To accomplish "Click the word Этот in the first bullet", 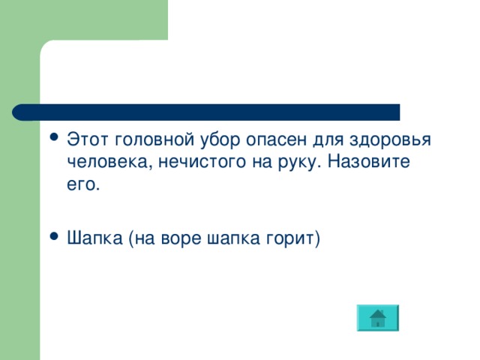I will point(87,139).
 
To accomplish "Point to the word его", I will point(82,184).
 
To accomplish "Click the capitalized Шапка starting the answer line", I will point(94,238).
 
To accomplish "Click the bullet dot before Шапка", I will point(52,237).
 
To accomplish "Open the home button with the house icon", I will point(378,318).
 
